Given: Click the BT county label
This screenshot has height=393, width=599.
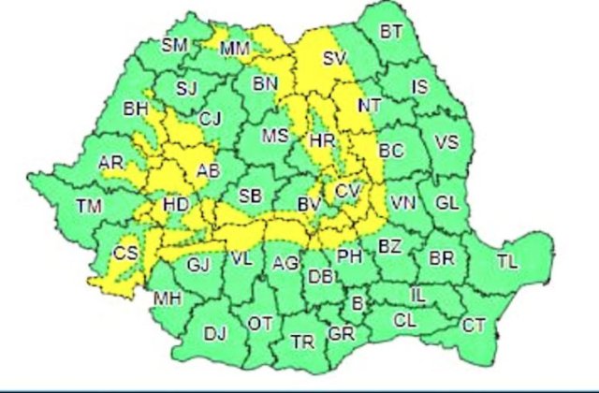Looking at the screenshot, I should tap(391, 32).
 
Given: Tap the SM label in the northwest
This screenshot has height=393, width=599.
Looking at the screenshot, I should tap(174, 44).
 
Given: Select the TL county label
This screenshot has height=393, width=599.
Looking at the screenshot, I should tap(506, 261).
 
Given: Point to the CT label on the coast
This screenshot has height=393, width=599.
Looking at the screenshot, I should tap(474, 326).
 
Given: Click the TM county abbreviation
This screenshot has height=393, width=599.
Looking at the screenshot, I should tap(89, 205).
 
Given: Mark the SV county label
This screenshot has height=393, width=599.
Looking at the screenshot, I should tap(334, 58).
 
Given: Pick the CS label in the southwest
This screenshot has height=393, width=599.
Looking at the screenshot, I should tap(124, 253).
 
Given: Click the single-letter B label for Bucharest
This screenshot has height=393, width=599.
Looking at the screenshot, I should tap(357, 302).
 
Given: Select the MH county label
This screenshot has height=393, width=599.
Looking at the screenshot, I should tap(168, 299).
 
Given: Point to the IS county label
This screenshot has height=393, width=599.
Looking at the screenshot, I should tap(420, 87).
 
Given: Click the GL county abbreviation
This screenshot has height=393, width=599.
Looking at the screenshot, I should tap(448, 202).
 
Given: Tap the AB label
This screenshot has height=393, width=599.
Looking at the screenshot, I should tap(208, 170).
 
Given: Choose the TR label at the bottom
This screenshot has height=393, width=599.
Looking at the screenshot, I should tap(302, 342).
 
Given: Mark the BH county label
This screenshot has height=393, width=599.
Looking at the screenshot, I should tap(137, 109).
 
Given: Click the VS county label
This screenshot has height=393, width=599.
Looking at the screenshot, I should tap(447, 143).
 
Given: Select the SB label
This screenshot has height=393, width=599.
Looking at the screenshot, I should tap(250, 196).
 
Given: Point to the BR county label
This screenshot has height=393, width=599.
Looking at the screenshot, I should tap(440, 258).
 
